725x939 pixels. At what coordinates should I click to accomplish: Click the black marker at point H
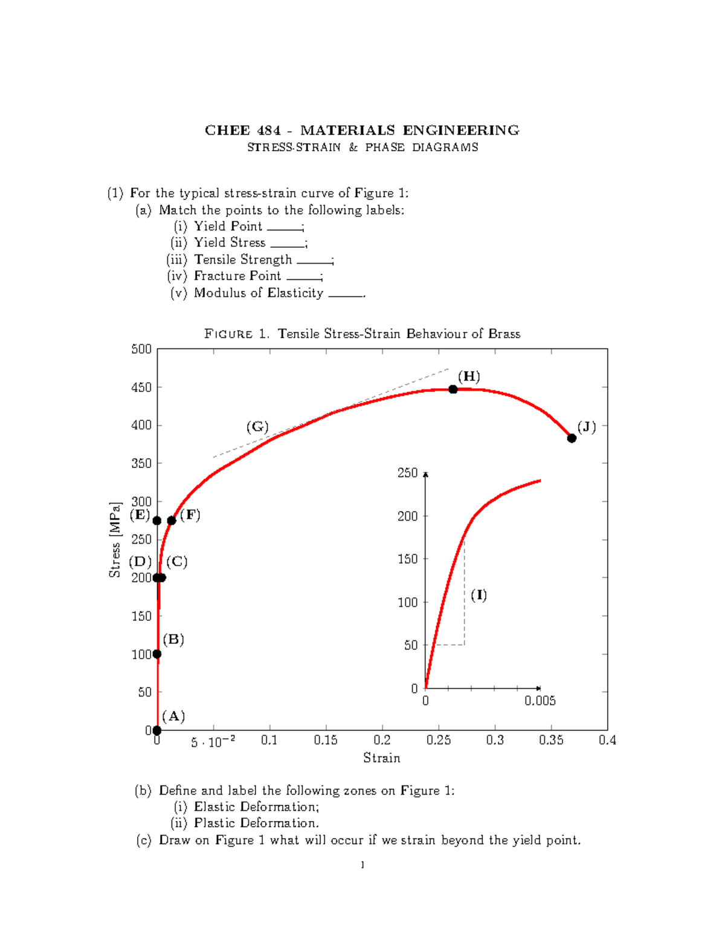tap(453, 389)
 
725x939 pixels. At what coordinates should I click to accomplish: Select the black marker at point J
tap(572, 438)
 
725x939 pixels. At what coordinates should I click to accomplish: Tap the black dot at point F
tap(172, 521)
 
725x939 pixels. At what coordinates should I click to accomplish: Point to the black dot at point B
tap(157, 654)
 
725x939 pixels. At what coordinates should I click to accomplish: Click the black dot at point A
tap(157, 730)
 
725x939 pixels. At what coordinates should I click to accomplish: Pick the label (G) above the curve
tap(257, 427)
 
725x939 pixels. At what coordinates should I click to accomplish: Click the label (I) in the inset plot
tap(478, 595)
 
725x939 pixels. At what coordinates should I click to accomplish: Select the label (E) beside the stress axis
tap(140, 515)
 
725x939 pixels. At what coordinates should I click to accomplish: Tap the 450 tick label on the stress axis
tap(141, 388)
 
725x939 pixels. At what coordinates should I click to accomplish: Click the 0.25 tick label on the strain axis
tap(439, 741)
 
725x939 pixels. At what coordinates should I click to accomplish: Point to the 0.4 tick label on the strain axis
tap(607, 741)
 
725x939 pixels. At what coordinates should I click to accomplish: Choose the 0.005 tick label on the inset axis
tap(540, 701)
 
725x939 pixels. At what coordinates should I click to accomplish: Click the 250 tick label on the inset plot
tap(407, 473)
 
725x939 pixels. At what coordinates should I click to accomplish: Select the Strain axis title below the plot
tap(381, 758)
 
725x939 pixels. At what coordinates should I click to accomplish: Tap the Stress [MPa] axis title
tap(115, 539)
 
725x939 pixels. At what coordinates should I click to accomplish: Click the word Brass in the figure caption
tap(504, 334)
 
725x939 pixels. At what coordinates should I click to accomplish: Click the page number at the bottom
tap(362, 865)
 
